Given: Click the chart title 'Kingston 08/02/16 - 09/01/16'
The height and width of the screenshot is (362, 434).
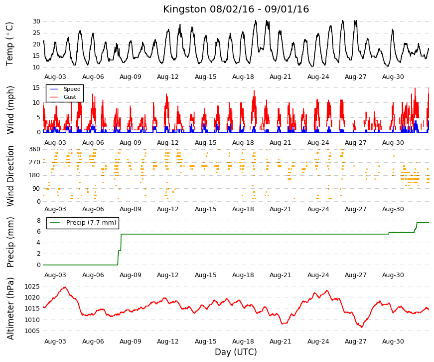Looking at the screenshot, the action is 236,9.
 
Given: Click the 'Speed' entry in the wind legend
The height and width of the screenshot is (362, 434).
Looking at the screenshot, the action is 72,89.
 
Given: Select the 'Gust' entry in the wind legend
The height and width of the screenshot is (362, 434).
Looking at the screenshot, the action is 70,97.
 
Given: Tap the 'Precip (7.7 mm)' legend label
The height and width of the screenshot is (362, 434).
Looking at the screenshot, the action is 91,223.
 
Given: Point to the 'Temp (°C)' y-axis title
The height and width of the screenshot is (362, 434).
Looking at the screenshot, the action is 9,44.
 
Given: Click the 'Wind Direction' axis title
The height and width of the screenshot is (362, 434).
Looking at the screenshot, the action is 10,176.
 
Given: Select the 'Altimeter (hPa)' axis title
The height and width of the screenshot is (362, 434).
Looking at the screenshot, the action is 10,309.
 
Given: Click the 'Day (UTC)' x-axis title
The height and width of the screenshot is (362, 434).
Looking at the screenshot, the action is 236,352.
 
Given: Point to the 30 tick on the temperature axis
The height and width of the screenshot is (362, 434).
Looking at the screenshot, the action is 36,21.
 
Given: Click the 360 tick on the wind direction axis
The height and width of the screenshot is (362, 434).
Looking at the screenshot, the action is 35,149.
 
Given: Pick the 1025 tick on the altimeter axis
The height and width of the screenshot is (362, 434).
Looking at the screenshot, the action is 32,287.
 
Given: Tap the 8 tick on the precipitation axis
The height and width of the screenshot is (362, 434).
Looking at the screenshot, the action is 38,221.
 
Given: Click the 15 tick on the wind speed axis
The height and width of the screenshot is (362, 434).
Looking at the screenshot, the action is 36,88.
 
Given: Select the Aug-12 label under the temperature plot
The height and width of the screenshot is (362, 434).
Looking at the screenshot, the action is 168,77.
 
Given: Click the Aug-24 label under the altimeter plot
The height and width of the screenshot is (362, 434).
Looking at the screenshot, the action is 318,342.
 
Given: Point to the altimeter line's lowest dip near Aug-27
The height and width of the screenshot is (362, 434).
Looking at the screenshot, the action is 361,327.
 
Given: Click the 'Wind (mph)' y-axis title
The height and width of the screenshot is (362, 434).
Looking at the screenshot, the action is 10,110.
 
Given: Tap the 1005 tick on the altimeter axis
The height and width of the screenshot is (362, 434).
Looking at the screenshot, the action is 32,331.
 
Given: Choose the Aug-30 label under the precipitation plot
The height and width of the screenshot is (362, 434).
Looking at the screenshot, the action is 393,275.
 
